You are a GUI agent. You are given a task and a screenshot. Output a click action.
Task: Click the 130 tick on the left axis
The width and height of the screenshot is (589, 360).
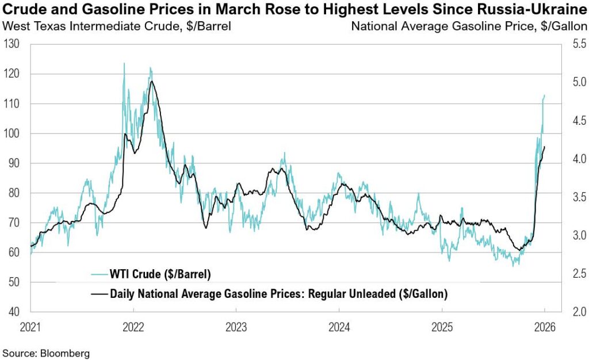point(12,44)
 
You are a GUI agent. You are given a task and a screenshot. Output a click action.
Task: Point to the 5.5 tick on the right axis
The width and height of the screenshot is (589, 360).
point(576,44)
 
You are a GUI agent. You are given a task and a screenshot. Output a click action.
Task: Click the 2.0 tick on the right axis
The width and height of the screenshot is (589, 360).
point(576,312)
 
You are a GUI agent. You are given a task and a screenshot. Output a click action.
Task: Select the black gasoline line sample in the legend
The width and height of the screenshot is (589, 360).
point(100,294)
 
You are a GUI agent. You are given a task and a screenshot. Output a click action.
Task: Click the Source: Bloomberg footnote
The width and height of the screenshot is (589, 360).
point(46,353)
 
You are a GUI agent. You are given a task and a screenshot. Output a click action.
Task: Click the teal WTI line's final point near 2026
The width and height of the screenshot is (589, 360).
point(545,95)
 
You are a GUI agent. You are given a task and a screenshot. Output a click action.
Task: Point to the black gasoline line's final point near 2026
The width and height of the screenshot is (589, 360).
point(545,147)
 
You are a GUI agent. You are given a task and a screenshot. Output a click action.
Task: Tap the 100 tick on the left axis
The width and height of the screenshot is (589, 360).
point(12,133)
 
